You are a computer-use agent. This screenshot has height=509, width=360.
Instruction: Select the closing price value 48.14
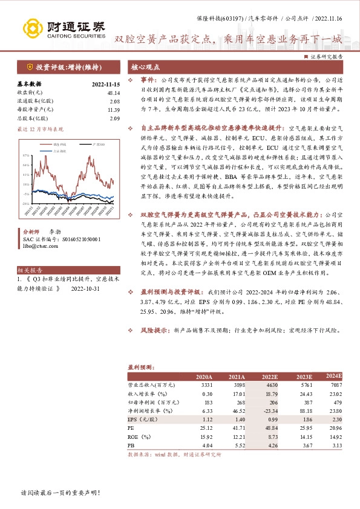pos(113,92)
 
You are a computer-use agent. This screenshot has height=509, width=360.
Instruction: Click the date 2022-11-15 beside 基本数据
pos(106,83)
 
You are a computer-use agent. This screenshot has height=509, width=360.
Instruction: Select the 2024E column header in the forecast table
pos(333,376)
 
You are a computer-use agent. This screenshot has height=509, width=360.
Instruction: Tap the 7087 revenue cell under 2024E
pos(336,385)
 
